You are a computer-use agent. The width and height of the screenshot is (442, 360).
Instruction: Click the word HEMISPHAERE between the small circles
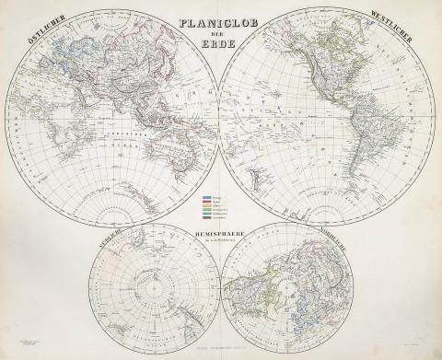[219, 236]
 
